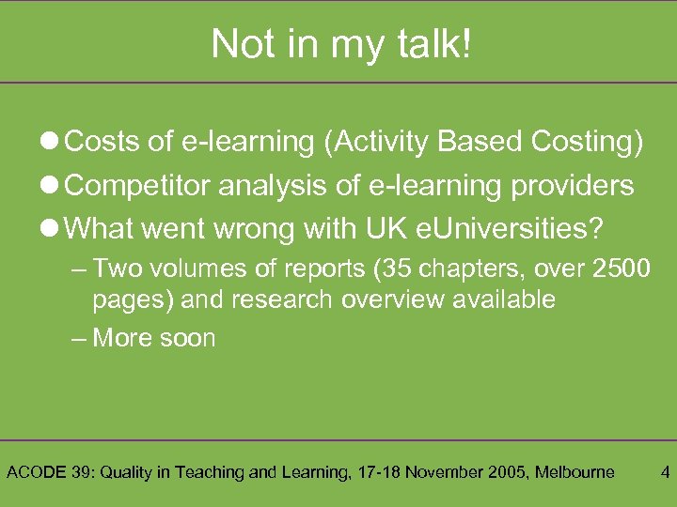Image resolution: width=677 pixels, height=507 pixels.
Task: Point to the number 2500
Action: tap(622, 269)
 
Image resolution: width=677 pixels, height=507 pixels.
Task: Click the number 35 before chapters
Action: tap(390, 269)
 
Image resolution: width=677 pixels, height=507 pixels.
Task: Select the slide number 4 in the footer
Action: tap(665, 472)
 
